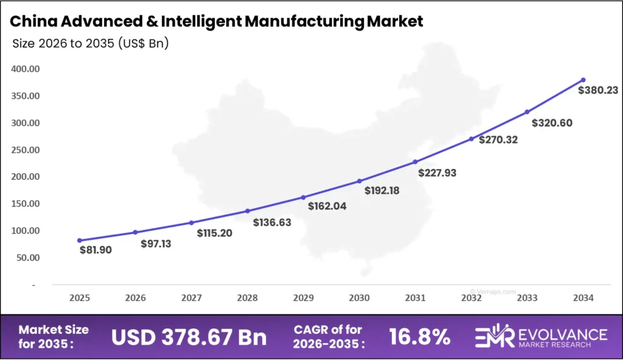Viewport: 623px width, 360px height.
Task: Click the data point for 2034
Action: click(x=583, y=80)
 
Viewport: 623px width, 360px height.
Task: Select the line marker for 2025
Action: click(x=80, y=240)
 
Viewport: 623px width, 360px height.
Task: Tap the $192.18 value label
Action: click(x=382, y=190)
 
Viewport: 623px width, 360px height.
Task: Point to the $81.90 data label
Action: click(x=96, y=249)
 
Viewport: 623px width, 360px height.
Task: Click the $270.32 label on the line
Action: click(x=499, y=140)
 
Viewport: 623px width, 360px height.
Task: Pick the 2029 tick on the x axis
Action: click(x=303, y=298)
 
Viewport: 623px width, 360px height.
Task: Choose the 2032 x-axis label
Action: click(x=471, y=298)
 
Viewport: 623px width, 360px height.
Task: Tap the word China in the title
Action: click(x=35, y=22)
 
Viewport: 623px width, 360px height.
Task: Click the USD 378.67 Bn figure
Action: click(x=189, y=336)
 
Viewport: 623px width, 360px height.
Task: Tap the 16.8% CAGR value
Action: click(x=420, y=336)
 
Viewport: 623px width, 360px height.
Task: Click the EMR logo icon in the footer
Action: click(x=493, y=337)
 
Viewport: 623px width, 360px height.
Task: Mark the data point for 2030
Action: click(x=359, y=181)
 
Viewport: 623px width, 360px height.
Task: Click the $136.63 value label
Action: click(x=272, y=223)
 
